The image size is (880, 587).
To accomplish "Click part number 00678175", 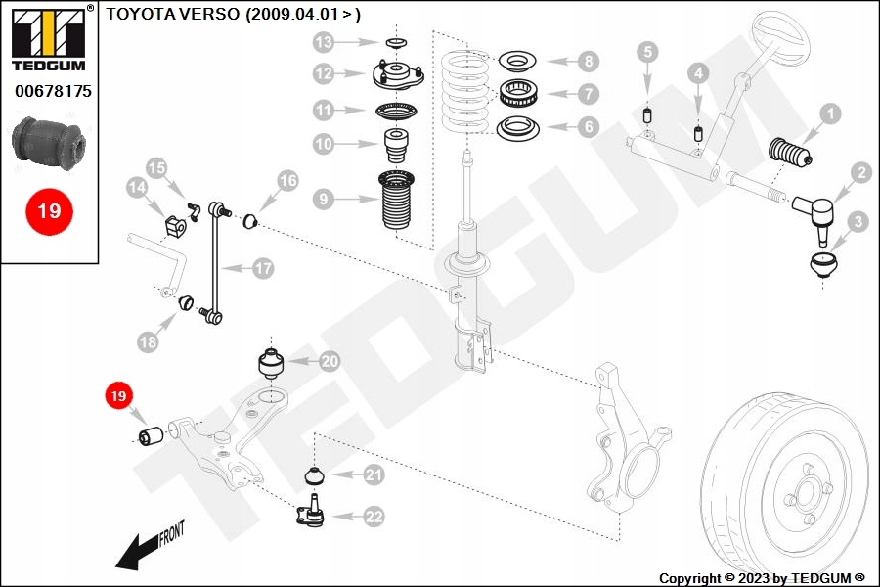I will [53, 91].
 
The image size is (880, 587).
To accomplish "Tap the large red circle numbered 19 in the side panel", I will [49, 210].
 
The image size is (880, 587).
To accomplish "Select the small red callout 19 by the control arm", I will [118, 396].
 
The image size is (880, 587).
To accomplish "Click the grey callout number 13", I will [324, 42].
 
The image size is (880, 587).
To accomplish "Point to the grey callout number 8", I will [587, 61].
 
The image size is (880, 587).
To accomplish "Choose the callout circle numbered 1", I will [829, 113].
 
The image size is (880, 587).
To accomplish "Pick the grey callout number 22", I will [374, 518].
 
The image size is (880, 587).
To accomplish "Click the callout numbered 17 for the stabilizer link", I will [263, 267].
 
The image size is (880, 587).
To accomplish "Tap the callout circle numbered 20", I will [329, 362].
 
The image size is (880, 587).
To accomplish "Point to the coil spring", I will [464, 93].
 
